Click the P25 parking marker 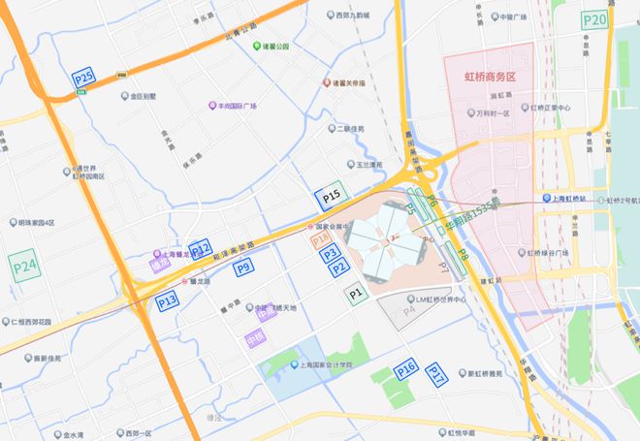tap(84, 78)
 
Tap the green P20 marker tap(594, 20)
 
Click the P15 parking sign tap(332, 198)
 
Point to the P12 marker tap(200, 249)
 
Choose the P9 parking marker tap(243, 267)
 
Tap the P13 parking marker tap(167, 301)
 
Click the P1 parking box tap(357, 291)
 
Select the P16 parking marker tap(405, 368)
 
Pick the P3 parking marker tap(330, 254)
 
